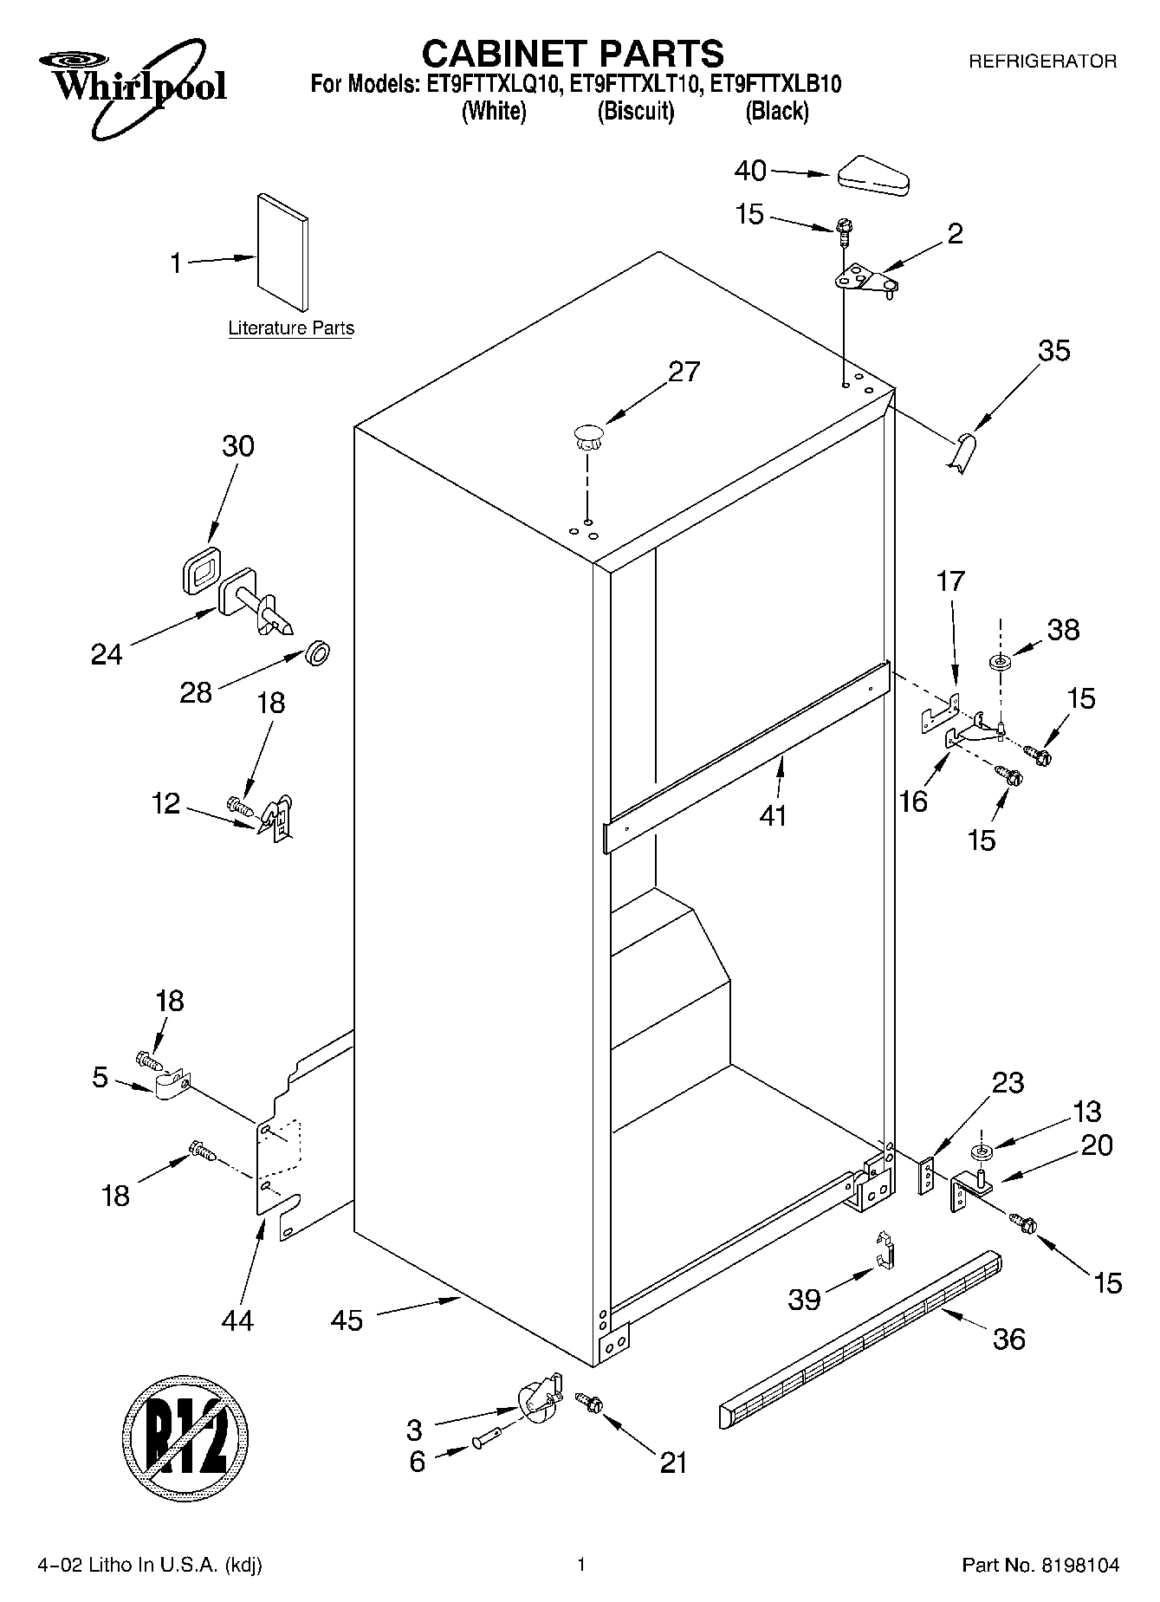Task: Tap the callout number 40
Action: tap(750, 171)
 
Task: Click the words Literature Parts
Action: tap(291, 328)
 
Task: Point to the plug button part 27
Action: tap(587, 436)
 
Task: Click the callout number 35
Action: tap(1054, 351)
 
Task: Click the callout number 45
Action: tap(347, 1320)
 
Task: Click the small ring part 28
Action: tap(318, 652)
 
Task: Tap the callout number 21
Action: tap(672, 1463)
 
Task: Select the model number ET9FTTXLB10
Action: tap(775, 85)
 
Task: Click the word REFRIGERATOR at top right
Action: tap(1041, 62)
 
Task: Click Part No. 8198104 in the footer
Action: tap(1040, 1566)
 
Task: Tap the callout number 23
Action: tap(1008, 1083)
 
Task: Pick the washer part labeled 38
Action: tap(1001, 663)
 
